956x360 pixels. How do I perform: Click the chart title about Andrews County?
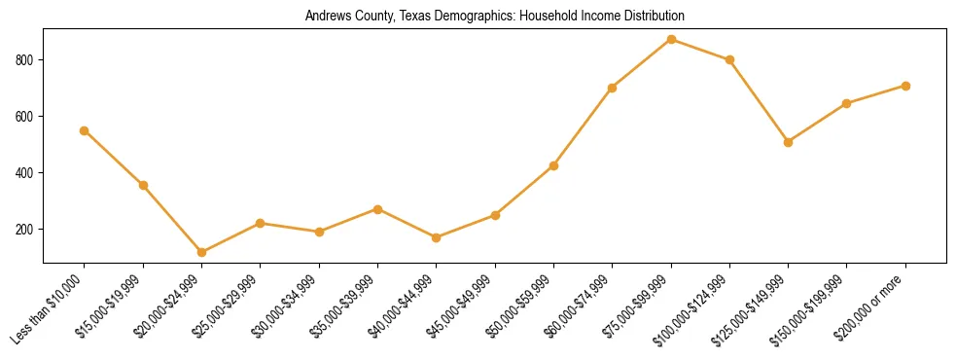494,16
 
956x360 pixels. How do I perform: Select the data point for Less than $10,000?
85,130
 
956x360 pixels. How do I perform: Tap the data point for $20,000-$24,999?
201,252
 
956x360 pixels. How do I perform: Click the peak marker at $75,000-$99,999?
671,39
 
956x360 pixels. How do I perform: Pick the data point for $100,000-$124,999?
729,59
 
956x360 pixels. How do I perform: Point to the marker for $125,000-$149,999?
788,142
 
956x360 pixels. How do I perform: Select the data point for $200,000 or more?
905,86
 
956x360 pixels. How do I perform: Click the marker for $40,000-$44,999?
436,237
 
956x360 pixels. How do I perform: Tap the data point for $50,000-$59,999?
553,165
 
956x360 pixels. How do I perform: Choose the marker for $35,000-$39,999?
377,209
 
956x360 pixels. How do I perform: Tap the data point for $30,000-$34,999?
318,232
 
